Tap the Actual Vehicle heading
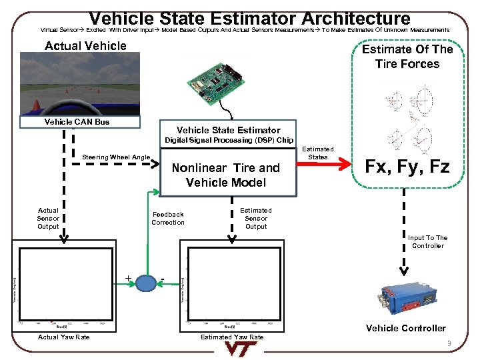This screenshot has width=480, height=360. (x=85, y=46)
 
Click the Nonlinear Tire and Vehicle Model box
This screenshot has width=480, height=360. (x=226, y=175)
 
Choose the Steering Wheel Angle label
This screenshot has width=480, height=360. (x=116, y=157)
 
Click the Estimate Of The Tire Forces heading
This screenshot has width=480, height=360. (x=407, y=57)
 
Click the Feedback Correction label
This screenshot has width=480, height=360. (x=168, y=219)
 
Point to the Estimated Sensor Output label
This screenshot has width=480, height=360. (x=256, y=219)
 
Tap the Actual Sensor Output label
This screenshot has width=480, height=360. (x=48, y=219)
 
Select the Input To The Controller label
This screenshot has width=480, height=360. (x=427, y=242)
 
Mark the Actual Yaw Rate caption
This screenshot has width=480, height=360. (x=64, y=337)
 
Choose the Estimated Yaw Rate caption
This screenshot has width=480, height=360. (x=232, y=337)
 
